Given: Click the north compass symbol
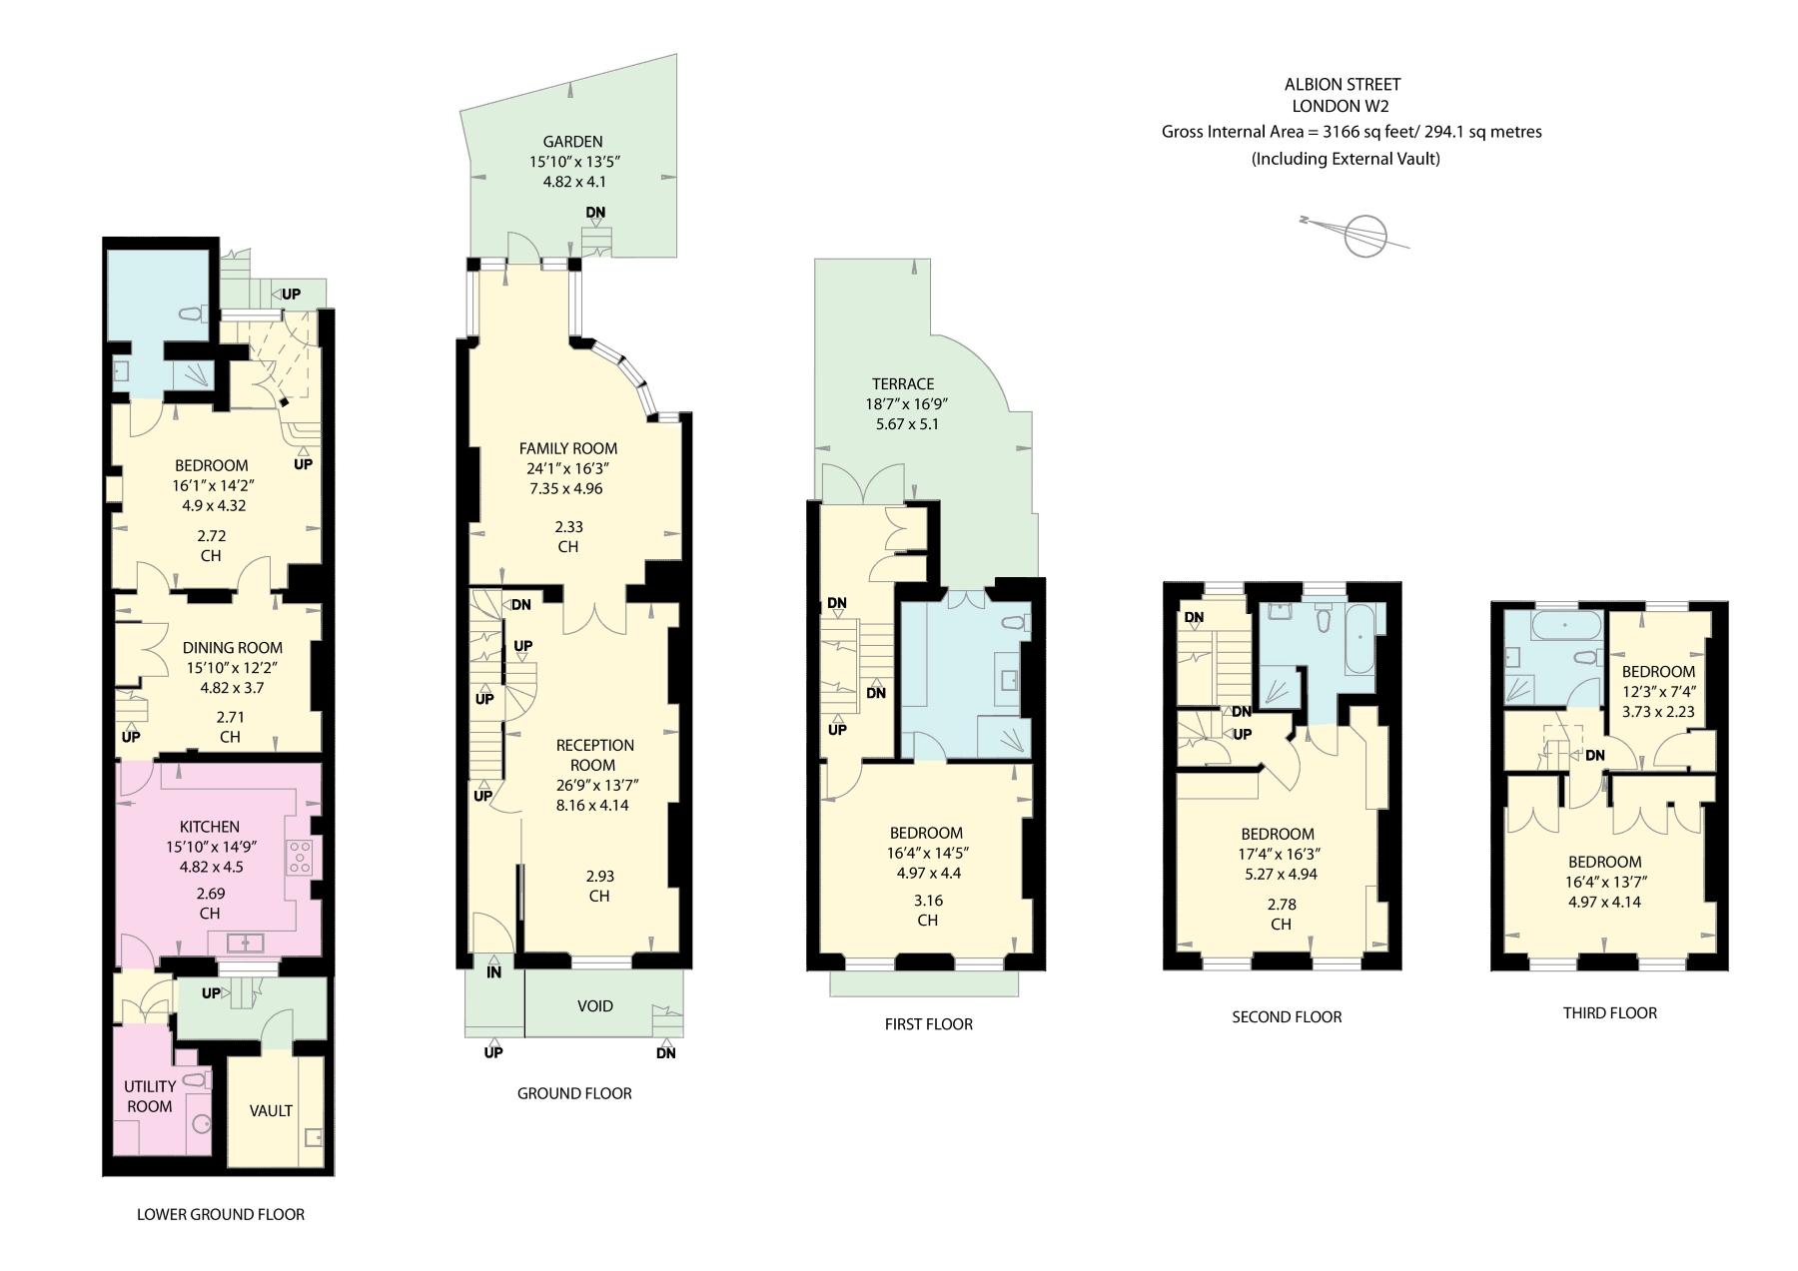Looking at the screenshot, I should pyautogui.click(x=1364, y=236).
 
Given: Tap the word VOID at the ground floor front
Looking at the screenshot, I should pyautogui.click(x=594, y=1006).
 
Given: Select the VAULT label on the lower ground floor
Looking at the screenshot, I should pyautogui.click(x=271, y=1110).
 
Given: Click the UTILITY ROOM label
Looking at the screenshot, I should pyautogui.click(x=150, y=1096).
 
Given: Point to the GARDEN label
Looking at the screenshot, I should pyautogui.click(x=573, y=142).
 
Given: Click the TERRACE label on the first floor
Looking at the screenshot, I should pyautogui.click(x=903, y=384).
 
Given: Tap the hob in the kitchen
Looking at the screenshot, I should pyautogui.click(x=300, y=857).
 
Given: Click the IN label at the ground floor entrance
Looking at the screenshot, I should pyautogui.click(x=494, y=972).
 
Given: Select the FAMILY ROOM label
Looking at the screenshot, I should pyautogui.click(x=568, y=448).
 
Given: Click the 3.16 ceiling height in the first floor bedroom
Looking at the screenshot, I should pyautogui.click(x=928, y=901).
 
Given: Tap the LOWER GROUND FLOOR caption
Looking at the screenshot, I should pyautogui.click(x=221, y=1215).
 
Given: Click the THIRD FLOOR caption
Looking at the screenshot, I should pyautogui.click(x=1609, y=1013).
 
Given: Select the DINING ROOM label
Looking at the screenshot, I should pyautogui.click(x=233, y=648).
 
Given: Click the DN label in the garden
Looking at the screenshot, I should pyautogui.click(x=595, y=213).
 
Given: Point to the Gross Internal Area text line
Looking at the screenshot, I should pyautogui.click(x=1350, y=132).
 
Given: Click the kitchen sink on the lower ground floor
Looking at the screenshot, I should pyautogui.click(x=244, y=942).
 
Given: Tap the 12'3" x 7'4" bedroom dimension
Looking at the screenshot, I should pyautogui.click(x=1658, y=692).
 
